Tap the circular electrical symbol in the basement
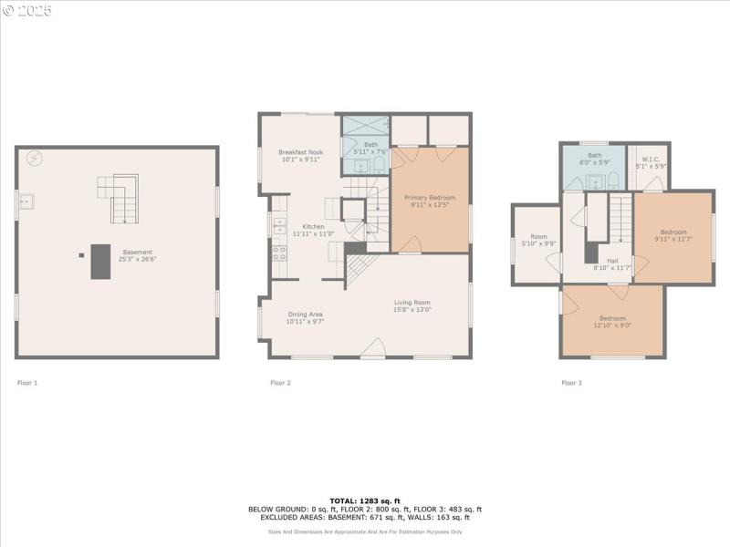coord(35,159)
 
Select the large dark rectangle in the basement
coord(99,262)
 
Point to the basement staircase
coord(119,199)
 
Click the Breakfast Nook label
coord(300,151)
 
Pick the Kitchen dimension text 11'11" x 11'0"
coord(313,234)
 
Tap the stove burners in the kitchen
coord(279,253)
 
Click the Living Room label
coord(412,303)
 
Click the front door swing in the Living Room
coord(374,347)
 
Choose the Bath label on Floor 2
coord(370,144)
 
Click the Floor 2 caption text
coord(280,383)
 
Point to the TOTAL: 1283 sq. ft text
coord(365,501)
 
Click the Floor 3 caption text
coord(571,383)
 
